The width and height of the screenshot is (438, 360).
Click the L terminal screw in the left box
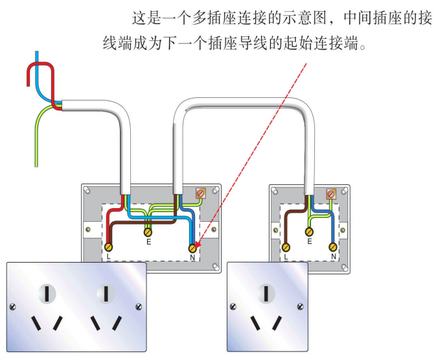tap(109, 247)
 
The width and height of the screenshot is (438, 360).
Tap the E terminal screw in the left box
tap(148, 231)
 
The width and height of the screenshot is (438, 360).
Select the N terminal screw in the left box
tap(192, 247)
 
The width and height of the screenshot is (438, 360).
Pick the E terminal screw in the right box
tap(310, 232)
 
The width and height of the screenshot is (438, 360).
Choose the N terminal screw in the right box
tap(333, 246)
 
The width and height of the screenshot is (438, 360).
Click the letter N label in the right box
tap(333, 258)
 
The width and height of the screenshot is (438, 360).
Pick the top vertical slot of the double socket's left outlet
tap(47, 294)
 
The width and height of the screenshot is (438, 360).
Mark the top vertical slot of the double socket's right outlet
tap(104, 294)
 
